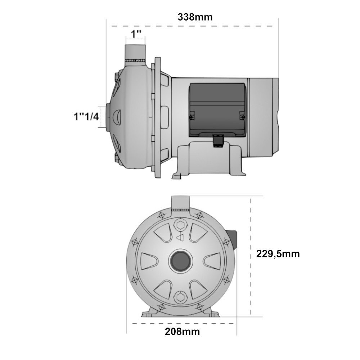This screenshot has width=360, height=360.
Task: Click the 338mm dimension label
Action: point(195,17)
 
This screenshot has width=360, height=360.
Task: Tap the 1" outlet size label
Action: point(136,35)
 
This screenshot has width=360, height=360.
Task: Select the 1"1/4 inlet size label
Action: point(86,117)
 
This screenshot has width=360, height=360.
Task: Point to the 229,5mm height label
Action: point(278,254)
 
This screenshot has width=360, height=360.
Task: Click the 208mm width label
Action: point(182,332)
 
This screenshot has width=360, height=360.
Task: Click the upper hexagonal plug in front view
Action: point(180,225)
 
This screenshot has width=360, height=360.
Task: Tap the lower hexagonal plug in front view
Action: point(180,297)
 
